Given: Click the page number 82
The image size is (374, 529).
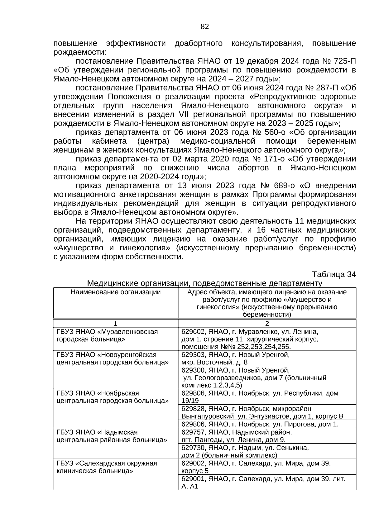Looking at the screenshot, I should point(204,27).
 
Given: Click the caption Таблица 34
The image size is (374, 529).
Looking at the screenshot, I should point(334,274).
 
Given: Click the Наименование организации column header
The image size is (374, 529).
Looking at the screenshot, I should point(116,292).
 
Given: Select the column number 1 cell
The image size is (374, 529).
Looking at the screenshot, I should point(116,323).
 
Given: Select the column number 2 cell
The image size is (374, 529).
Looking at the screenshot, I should point(267,323).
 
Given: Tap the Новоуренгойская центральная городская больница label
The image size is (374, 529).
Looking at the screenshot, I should point(113,358).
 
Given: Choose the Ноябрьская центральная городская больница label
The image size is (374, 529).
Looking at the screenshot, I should point(113,397).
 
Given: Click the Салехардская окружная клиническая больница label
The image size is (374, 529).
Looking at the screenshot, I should point(107,467).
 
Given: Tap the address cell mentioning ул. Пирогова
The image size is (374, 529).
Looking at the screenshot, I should point(260,424).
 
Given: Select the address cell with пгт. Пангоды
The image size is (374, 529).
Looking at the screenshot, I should point(237,436).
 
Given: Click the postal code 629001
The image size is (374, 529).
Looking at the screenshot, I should point(193,479).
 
